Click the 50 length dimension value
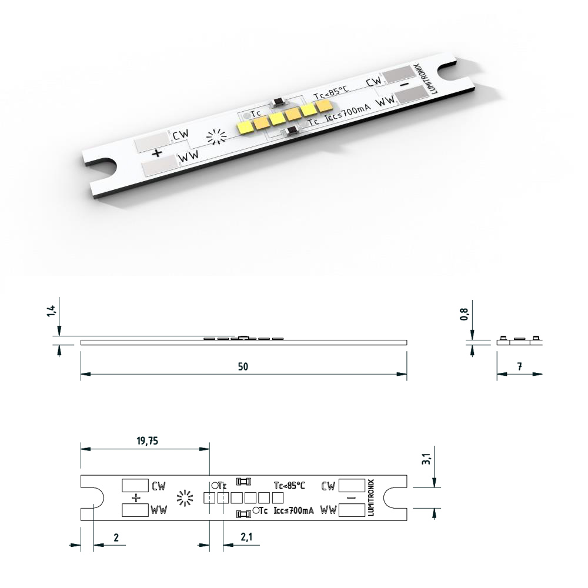coord(243,366)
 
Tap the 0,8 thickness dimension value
coord(465,314)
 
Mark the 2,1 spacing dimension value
coord(246,537)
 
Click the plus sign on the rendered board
coord(157,153)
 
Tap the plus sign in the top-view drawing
coord(136,498)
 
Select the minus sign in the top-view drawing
coord(351,498)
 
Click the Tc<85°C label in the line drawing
coord(289,486)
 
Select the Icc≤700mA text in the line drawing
coord(293,511)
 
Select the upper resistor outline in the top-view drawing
coord(243,482)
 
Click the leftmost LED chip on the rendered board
coord(244,126)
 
